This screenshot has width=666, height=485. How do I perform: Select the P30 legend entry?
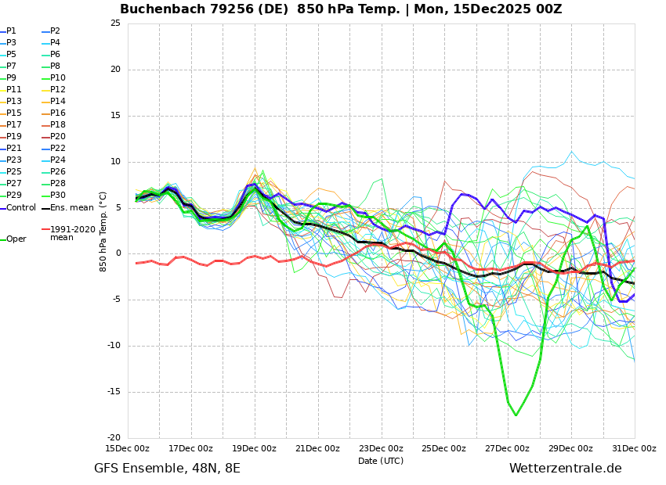(57, 196)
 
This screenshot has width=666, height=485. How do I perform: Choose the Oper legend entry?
(16, 239)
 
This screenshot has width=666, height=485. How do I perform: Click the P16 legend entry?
(57, 113)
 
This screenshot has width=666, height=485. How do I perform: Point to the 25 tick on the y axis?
(115, 23)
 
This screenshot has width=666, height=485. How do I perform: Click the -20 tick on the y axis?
(114, 438)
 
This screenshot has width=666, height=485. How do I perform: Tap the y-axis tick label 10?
(115, 162)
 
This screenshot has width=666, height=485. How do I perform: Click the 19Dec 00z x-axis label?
(254, 448)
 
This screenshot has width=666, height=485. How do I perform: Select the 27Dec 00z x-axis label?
(507, 448)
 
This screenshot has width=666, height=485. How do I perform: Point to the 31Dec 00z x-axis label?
(634, 448)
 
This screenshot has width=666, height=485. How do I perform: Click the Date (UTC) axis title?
(381, 461)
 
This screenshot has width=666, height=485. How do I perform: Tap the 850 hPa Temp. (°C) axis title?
(103, 232)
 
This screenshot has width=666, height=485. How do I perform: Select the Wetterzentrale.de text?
(565, 469)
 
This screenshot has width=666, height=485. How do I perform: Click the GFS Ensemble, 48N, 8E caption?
(167, 469)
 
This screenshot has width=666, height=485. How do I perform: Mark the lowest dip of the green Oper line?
(516, 415)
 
